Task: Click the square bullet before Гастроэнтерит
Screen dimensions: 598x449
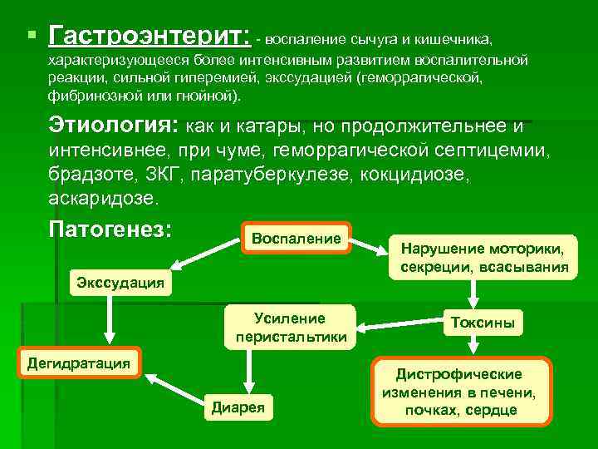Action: (31, 36)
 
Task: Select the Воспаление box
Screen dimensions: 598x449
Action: (297, 239)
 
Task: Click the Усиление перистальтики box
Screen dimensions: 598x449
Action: (290, 328)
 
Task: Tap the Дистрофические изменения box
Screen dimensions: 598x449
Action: (459, 391)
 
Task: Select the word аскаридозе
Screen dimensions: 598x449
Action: (101, 200)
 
